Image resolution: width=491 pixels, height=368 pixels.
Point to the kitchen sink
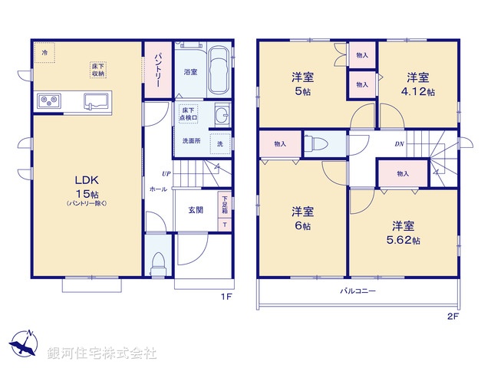point(97,100)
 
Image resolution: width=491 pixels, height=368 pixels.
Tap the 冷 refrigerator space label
point(44,53)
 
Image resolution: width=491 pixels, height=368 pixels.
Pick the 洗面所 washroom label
point(191,142)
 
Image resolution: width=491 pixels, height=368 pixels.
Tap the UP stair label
point(165,173)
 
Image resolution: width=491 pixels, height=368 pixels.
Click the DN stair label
point(400,143)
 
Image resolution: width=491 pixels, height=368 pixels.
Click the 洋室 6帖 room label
point(301,219)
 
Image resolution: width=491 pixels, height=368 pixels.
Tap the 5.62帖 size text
point(405,240)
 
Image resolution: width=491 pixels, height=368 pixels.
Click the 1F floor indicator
point(227,296)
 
